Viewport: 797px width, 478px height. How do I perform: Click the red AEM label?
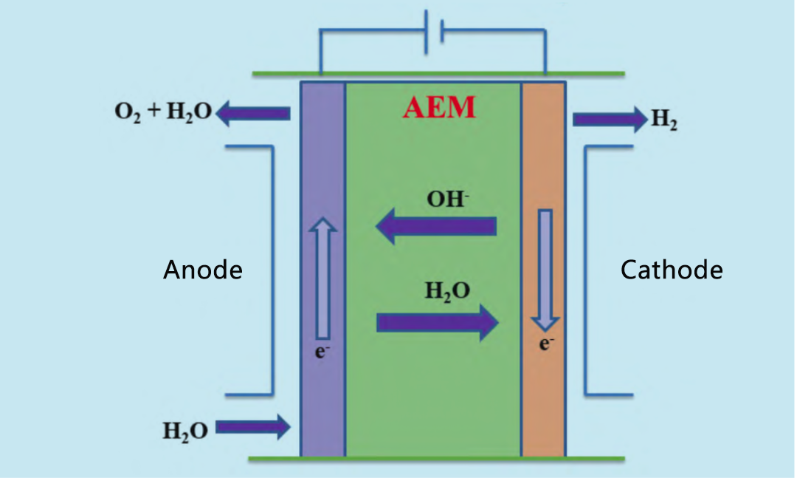pos(439,109)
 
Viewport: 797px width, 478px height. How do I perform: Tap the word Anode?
pos(202,270)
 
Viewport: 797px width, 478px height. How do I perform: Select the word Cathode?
pos(672,270)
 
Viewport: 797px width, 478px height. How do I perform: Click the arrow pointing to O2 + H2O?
pos(253,113)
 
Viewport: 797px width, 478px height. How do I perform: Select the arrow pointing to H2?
pos(609,119)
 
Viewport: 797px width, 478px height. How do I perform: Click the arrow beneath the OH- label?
pos(435,226)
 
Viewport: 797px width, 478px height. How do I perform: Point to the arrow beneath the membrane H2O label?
pos(437,322)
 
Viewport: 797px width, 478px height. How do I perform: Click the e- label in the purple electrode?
pos(321,352)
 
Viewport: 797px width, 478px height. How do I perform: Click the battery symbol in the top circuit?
pos(434,33)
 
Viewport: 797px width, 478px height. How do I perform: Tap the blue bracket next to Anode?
pos(272,270)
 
